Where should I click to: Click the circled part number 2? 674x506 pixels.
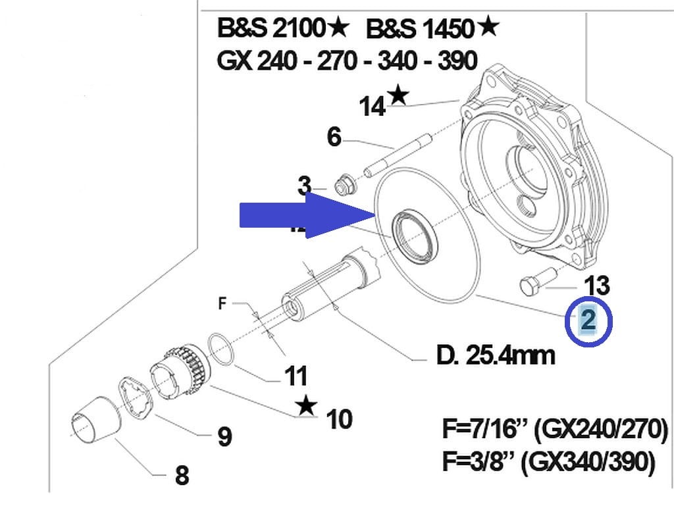588,320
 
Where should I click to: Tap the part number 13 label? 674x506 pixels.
597,286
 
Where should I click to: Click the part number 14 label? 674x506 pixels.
373,105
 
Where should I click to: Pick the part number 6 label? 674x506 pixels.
334,138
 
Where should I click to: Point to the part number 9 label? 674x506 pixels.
224,436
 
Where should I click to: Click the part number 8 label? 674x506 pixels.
182,475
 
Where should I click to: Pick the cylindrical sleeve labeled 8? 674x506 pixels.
95,422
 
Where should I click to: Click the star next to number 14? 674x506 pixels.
398,95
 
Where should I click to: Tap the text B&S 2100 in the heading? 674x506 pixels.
272,28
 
